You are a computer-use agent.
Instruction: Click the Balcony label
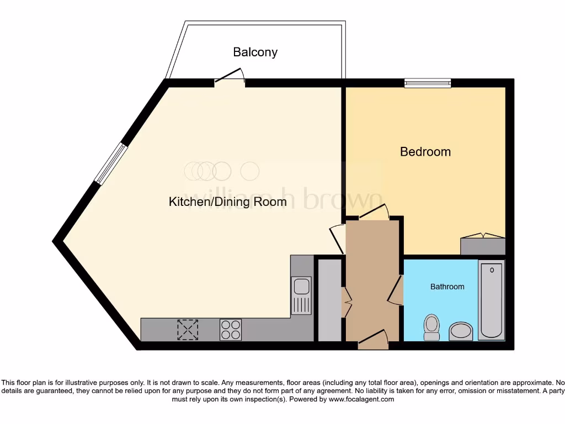(255, 52)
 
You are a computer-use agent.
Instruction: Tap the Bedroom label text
(425, 152)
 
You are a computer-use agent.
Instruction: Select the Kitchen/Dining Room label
(227, 202)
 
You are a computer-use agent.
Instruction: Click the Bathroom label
(447, 287)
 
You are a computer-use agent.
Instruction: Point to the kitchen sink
(301, 295)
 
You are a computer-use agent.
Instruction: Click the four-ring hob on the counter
(231, 330)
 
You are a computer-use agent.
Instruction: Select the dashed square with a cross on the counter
(188, 330)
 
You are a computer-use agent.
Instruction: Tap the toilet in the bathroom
(431, 327)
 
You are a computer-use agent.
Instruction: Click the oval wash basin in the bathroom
(461, 332)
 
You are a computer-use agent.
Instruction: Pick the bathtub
(491, 299)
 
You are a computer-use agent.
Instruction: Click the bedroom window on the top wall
(428, 83)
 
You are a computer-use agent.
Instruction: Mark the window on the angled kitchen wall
(111, 163)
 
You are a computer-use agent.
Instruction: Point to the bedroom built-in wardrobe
(483, 245)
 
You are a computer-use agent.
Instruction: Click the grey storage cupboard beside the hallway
(329, 300)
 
